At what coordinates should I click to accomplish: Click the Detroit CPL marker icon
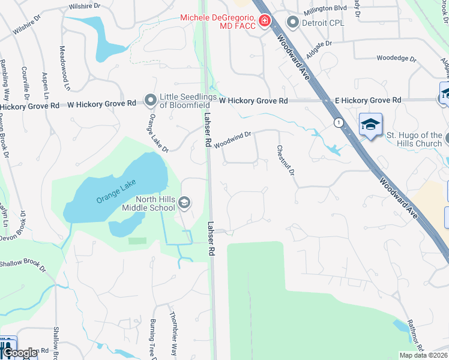click(x=293, y=23)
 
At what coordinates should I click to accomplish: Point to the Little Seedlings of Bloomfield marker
click(x=150, y=98)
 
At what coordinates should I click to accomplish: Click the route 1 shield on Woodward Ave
click(x=340, y=122)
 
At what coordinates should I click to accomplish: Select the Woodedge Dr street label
click(x=396, y=58)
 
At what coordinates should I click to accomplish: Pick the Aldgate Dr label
click(x=319, y=46)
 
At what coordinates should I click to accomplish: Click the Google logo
click(x=19, y=353)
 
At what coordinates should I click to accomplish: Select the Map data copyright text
click(x=424, y=355)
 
